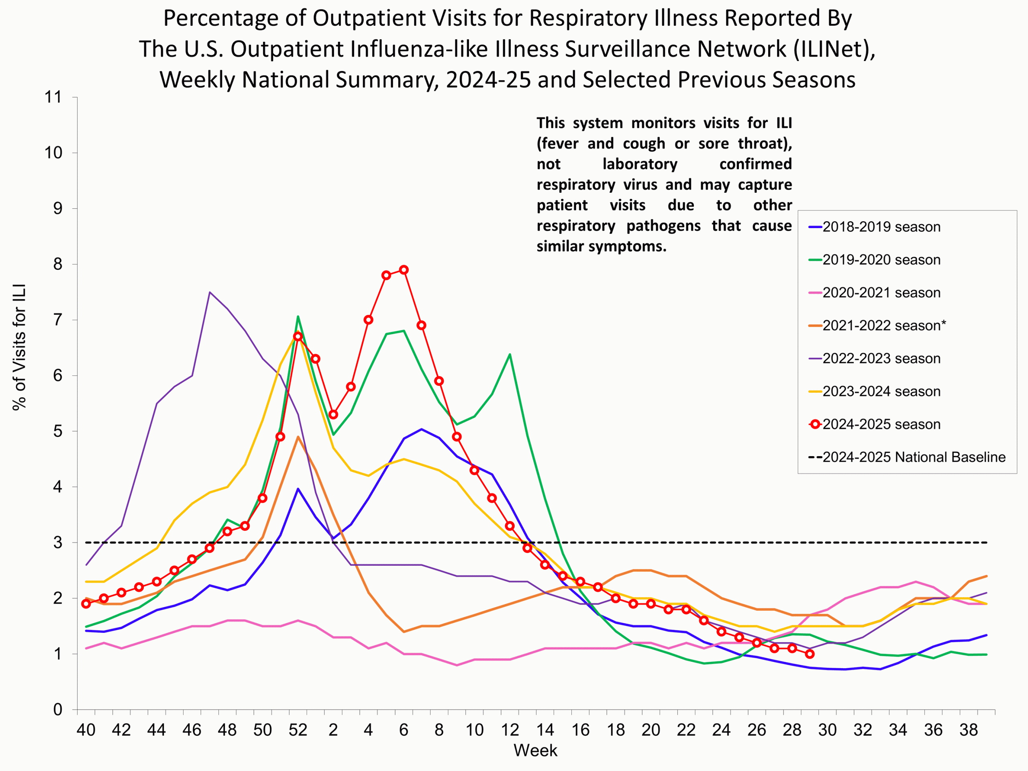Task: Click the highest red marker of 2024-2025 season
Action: click(404, 269)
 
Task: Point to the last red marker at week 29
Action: click(810, 654)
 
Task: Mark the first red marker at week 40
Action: click(86, 604)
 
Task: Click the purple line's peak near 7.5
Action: click(210, 292)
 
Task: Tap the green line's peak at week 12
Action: click(510, 354)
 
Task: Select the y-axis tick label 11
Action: click(53, 97)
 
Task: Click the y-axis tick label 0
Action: click(58, 710)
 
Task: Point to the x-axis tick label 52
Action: click(298, 730)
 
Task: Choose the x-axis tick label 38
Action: click(969, 730)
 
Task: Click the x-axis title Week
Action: click(535, 751)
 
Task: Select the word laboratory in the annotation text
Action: click(640, 164)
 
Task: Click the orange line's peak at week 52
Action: click(298, 437)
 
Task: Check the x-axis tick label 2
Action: click(333, 730)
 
